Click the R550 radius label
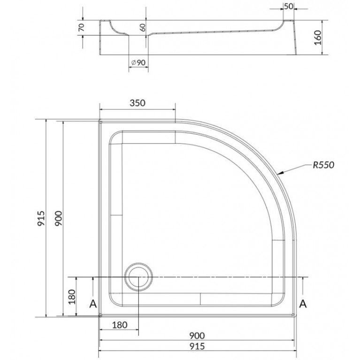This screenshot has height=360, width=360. tap(323, 165)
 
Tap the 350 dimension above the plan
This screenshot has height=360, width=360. tap(138, 103)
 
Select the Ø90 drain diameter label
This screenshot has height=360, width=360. tap(138, 62)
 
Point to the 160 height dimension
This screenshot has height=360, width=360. tap(318, 38)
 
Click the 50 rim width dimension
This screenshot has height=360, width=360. tap(289, 7)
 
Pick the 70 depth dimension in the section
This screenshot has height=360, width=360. tap(82, 27)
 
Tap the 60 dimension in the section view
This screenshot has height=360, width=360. tap(143, 27)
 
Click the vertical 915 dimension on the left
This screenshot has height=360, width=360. tap(41, 218)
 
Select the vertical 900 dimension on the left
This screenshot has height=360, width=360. tap(58, 218)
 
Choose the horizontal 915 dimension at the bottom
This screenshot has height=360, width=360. tap(197, 346)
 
